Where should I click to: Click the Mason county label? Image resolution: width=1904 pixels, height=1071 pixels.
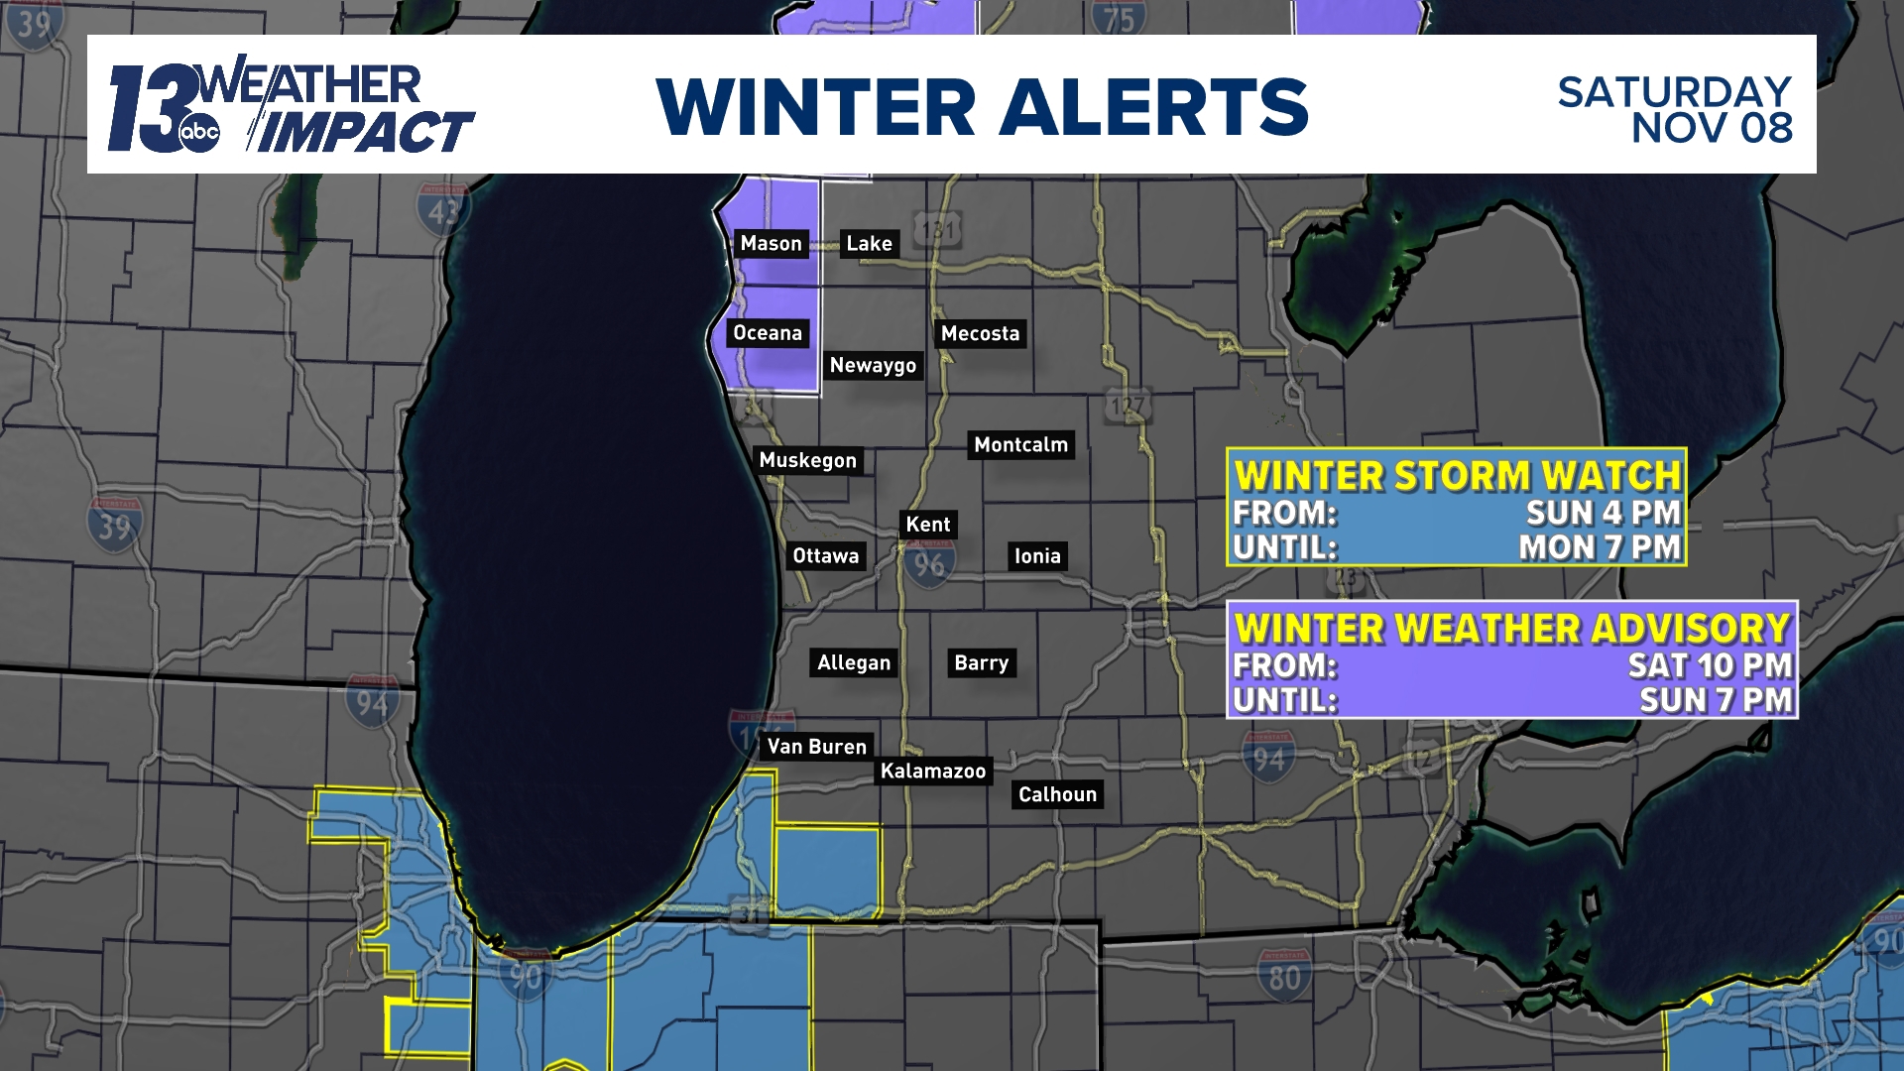click(771, 244)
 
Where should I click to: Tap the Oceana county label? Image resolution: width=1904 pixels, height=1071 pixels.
click(767, 333)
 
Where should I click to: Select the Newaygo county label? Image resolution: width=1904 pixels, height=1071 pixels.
click(873, 366)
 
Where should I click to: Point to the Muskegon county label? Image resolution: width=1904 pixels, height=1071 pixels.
click(807, 460)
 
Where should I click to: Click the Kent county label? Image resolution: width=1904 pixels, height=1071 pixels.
click(927, 525)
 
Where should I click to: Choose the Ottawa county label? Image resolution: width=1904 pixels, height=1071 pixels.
click(825, 556)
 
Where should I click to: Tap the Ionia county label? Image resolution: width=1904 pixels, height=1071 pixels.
click(1037, 556)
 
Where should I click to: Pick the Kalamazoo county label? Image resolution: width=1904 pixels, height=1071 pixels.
click(933, 772)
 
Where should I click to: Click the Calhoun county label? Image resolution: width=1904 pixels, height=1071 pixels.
click(1057, 794)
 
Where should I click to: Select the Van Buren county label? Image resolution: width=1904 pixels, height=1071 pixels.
click(816, 747)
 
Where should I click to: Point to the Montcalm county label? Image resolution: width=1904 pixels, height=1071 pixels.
click(1020, 445)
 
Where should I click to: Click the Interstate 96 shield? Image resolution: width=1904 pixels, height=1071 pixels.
click(929, 565)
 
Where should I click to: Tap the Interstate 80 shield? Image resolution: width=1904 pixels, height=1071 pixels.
click(1284, 976)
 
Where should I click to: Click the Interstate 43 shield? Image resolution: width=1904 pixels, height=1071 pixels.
click(443, 210)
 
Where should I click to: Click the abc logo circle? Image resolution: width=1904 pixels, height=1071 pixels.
click(199, 133)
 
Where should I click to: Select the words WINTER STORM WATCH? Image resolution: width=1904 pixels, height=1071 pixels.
click(1457, 476)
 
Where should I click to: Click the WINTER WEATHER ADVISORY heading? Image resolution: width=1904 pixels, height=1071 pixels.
click(1512, 629)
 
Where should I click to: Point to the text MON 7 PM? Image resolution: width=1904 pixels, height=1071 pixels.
click(1600, 547)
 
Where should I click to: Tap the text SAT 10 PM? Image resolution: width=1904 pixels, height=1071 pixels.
click(1710, 665)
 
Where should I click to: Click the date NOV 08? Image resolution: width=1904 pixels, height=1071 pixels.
click(1712, 128)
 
